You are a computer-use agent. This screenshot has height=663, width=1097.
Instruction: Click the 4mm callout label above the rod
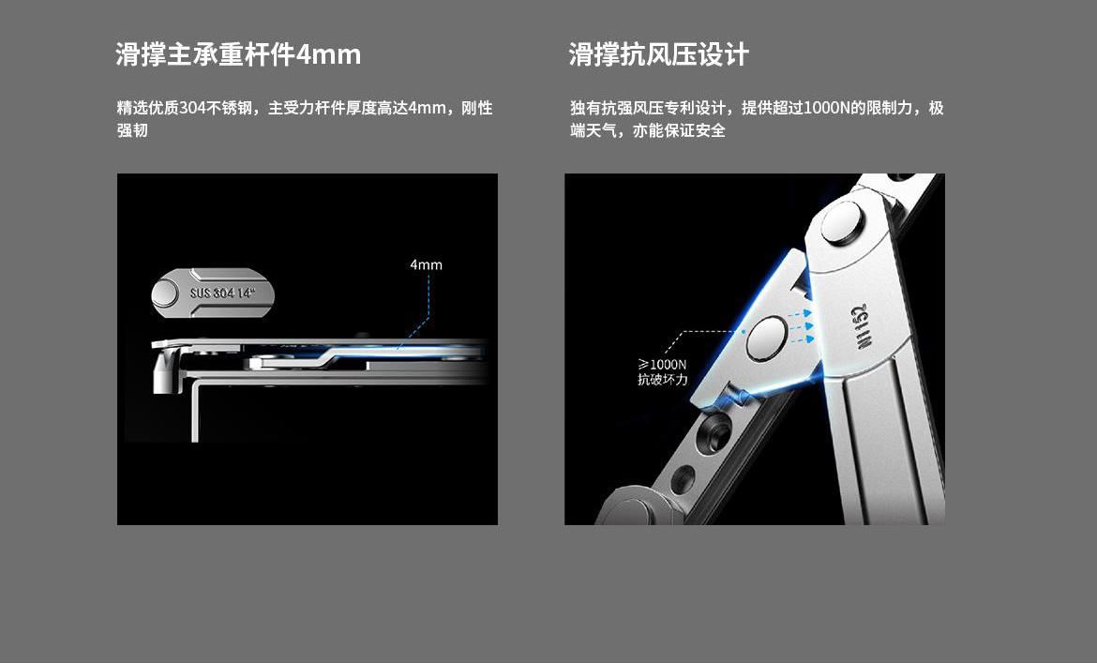[x=426, y=265]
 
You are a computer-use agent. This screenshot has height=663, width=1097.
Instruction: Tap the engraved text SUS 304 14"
[x=222, y=293]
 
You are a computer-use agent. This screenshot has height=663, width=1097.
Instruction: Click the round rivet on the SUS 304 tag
[x=165, y=293]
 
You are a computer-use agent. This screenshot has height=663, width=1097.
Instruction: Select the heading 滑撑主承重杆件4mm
[x=238, y=54]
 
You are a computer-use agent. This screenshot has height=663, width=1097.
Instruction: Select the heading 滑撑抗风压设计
[x=658, y=54]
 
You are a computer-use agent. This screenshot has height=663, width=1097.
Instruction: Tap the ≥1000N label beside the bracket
[x=662, y=365]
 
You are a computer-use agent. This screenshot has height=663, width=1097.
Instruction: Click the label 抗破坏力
[x=663, y=380]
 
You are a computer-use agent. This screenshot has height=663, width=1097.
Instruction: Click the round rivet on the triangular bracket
[x=767, y=338]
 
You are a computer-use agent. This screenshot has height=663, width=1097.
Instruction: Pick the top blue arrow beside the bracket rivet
[x=801, y=314]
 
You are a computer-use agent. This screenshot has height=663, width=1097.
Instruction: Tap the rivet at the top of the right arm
[x=843, y=223]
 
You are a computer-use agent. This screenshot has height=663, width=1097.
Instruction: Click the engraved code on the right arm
[x=861, y=326]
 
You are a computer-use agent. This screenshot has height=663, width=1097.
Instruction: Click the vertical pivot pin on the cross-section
[x=163, y=370]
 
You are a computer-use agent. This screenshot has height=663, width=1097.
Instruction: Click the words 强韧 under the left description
[x=132, y=130]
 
